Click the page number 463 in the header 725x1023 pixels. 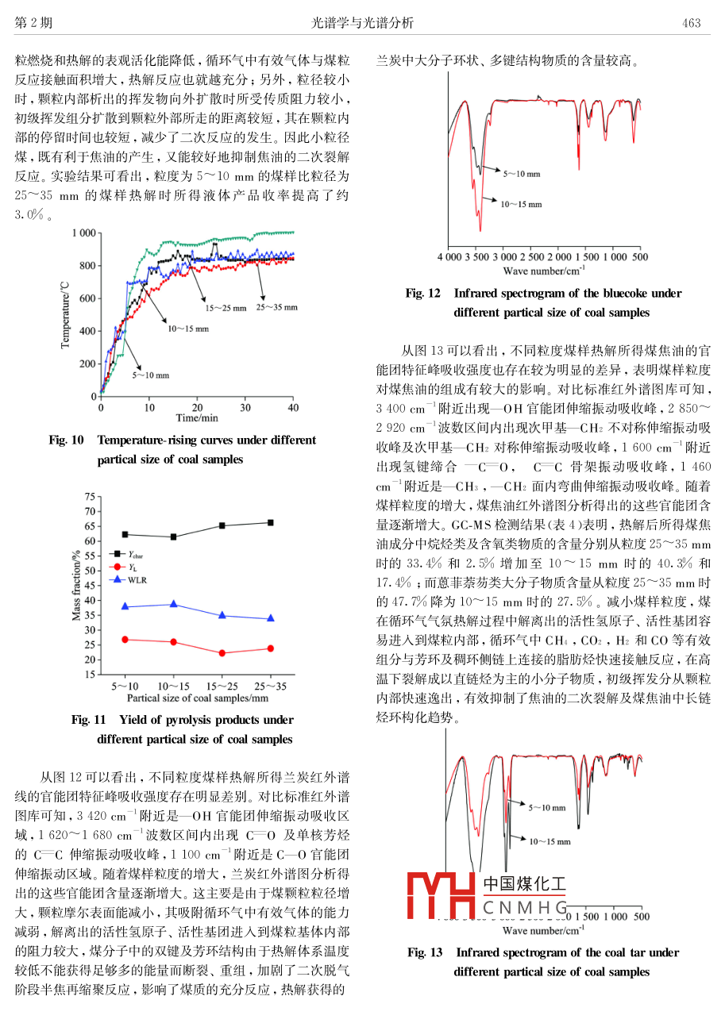[x=692, y=23]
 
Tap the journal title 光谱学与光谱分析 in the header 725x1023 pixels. [x=363, y=23]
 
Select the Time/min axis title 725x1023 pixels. [x=197, y=417]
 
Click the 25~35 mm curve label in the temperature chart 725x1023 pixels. [x=276, y=307]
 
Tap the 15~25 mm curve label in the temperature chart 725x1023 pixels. [x=225, y=307]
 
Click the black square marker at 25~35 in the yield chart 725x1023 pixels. [x=271, y=522]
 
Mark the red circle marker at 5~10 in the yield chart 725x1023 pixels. [x=125, y=640]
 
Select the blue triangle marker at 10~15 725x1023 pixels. [x=174, y=604]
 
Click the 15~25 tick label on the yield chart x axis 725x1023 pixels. [x=222, y=686]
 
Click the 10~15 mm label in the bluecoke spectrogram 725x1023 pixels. [x=521, y=204]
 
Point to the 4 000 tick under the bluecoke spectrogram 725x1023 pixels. [x=451, y=257]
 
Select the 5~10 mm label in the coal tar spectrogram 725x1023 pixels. [x=547, y=808]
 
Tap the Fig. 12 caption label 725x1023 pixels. [x=422, y=294]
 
